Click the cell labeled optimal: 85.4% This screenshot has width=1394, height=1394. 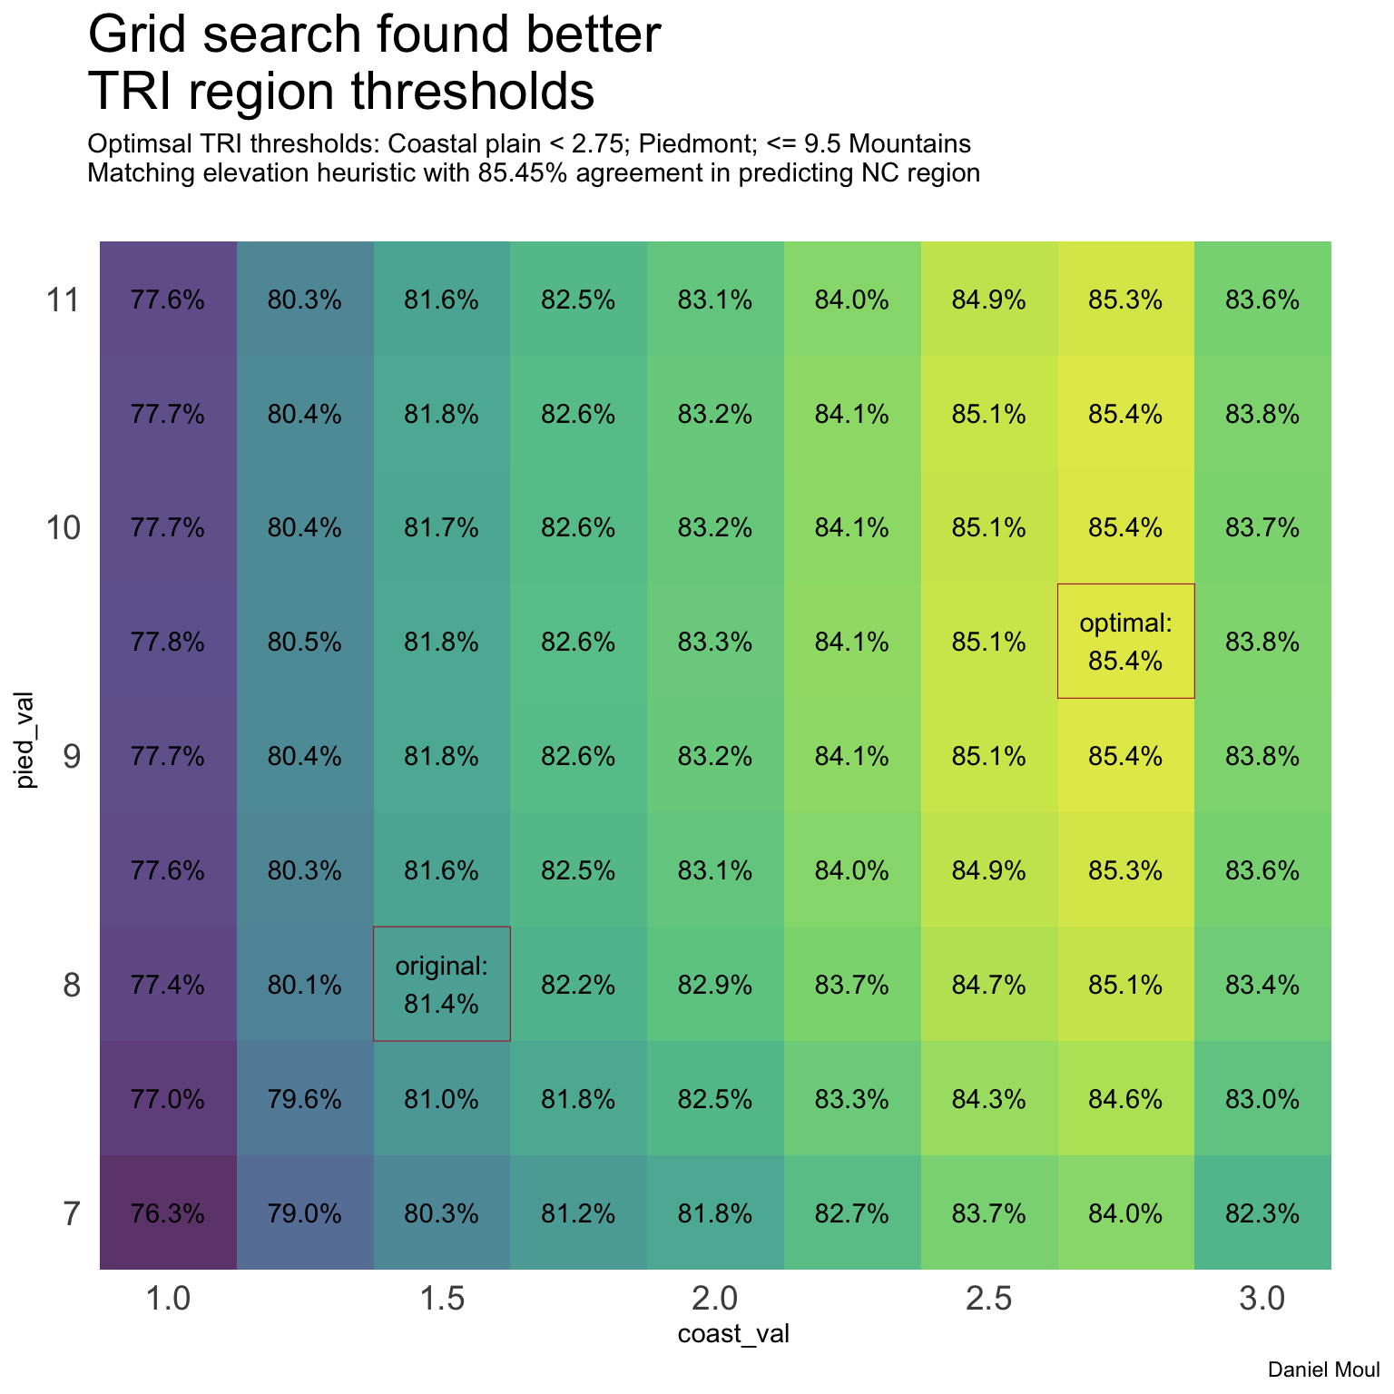point(1125,641)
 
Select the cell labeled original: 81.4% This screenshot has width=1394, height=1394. point(442,984)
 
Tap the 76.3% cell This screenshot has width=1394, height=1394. point(168,1213)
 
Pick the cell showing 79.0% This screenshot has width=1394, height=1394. point(305,1213)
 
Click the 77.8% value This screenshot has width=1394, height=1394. point(168,643)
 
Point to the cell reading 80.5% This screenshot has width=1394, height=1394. point(305,643)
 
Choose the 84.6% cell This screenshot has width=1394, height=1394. point(1125,1099)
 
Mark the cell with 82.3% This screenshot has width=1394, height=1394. point(1262,1213)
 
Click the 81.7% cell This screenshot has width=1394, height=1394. point(442,527)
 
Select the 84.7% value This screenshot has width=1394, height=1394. point(988,985)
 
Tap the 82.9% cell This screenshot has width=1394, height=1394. point(715,985)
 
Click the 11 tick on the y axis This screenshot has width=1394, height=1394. point(64,299)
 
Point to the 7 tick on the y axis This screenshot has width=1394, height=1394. point(72,1213)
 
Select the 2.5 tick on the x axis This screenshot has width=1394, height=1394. point(988,1300)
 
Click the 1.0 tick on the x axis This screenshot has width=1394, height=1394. point(168,1300)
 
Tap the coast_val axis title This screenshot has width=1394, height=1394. point(733,1333)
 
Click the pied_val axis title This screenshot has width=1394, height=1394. point(26,740)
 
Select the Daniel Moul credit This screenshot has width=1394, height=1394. point(1323,1369)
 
